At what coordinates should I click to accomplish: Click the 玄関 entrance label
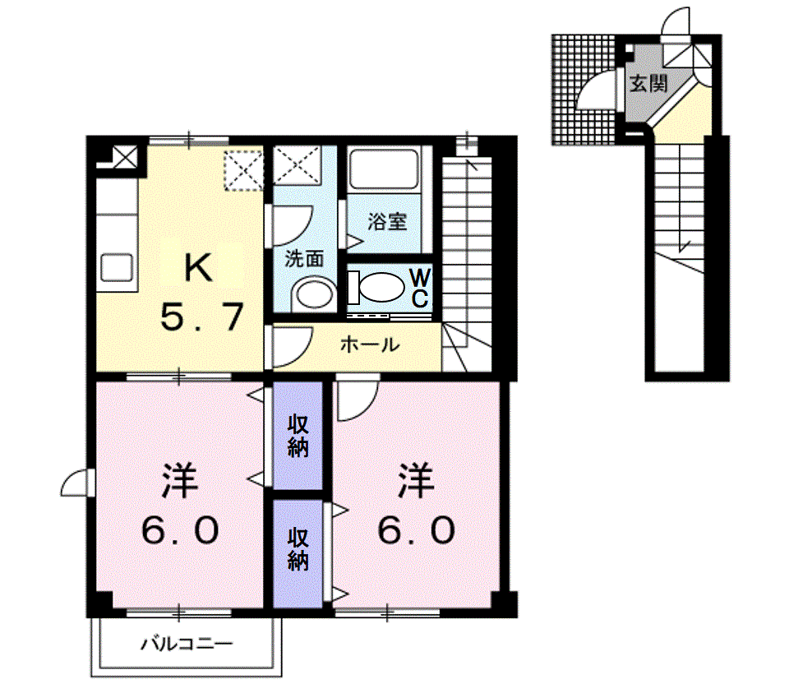pyautogui.click(x=648, y=84)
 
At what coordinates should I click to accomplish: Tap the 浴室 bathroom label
pyautogui.click(x=387, y=221)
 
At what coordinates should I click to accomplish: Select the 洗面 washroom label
pyautogui.click(x=304, y=259)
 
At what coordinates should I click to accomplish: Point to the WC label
pyautogui.click(x=420, y=288)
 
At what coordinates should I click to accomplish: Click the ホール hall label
pyautogui.click(x=370, y=345)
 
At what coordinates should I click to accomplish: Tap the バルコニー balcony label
pyautogui.click(x=187, y=643)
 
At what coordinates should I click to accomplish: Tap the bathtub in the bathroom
pyautogui.click(x=384, y=169)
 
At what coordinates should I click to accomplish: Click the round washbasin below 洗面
pyautogui.click(x=315, y=295)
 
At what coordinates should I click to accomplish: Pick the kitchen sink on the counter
pyautogui.click(x=117, y=267)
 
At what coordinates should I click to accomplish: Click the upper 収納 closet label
pyautogui.click(x=298, y=436)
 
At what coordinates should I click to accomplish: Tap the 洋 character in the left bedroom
pyautogui.click(x=180, y=481)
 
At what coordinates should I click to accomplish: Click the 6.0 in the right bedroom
pyautogui.click(x=416, y=529)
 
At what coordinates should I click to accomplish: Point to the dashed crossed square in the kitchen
pyautogui.click(x=243, y=171)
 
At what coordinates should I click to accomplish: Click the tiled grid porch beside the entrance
pyautogui.click(x=584, y=90)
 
